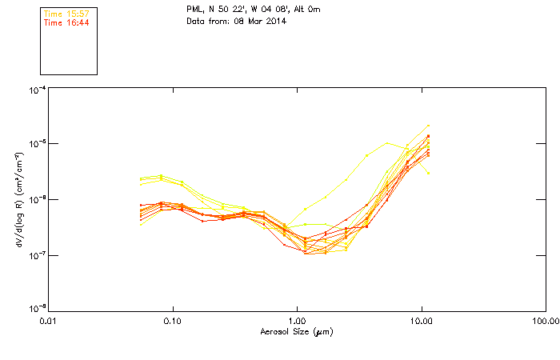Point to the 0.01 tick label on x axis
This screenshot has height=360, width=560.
[48, 321]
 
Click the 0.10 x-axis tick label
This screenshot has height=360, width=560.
[172, 321]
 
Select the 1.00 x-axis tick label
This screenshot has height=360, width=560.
[297, 321]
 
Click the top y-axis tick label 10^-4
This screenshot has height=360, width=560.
[37, 90]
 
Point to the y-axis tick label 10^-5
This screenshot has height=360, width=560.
[37, 145]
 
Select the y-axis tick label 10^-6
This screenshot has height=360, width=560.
[37, 200]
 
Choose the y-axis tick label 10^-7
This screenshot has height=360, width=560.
[37, 255]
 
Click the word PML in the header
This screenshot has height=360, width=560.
[195, 10]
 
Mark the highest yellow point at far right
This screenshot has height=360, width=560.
[429, 126]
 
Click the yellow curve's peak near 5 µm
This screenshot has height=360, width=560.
[388, 143]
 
